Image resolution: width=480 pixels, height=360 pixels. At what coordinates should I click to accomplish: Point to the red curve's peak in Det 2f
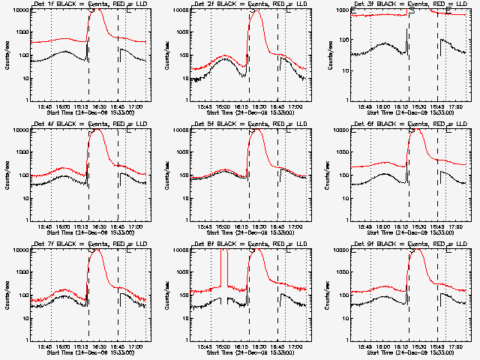pos(255,11)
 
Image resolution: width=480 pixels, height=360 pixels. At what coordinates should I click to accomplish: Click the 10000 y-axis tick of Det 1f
pos(18,10)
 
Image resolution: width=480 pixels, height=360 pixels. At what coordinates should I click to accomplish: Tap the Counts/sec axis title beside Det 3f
pos(326,55)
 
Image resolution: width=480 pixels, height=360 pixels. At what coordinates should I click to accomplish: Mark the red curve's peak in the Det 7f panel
pos(96,250)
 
